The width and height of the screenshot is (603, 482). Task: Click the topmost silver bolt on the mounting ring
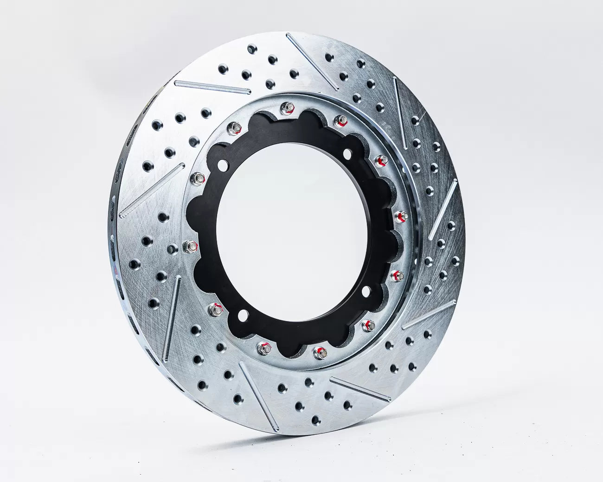pos(288,108)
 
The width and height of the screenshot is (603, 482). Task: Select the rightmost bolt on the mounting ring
pos(402,216)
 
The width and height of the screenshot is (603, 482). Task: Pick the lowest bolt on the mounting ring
pos(319,353)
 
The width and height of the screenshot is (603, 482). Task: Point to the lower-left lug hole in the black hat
pos(241,316)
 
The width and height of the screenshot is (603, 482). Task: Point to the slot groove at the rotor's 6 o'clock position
pos(258,396)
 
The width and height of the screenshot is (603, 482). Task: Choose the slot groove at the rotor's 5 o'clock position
pos(360,389)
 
